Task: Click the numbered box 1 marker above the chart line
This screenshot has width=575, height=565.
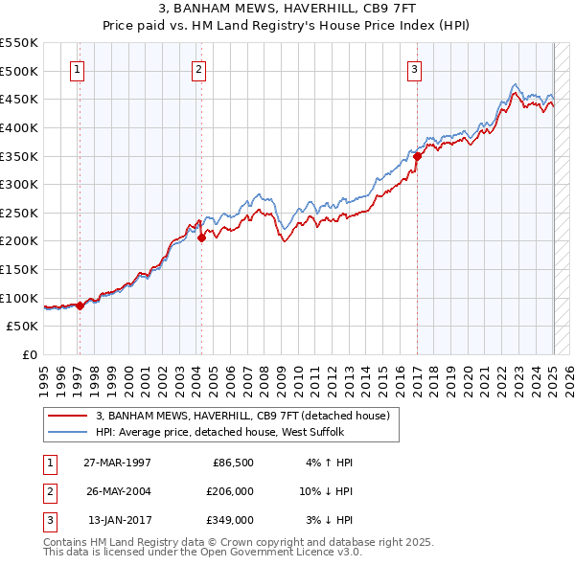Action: click(76, 69)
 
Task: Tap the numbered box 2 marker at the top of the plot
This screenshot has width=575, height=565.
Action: click(198, 69)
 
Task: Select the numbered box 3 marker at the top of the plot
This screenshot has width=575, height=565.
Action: click(414, 69)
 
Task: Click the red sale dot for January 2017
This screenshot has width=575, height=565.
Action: click(418, 155)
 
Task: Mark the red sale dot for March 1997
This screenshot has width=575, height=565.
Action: click(80, 305)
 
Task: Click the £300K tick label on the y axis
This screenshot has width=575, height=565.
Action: click(19, 184)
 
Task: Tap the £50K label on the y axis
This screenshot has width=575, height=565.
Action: click(23, 327)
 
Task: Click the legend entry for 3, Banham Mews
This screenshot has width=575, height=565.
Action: click(242, 417)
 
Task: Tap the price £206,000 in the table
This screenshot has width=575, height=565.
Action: click(231, 491)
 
